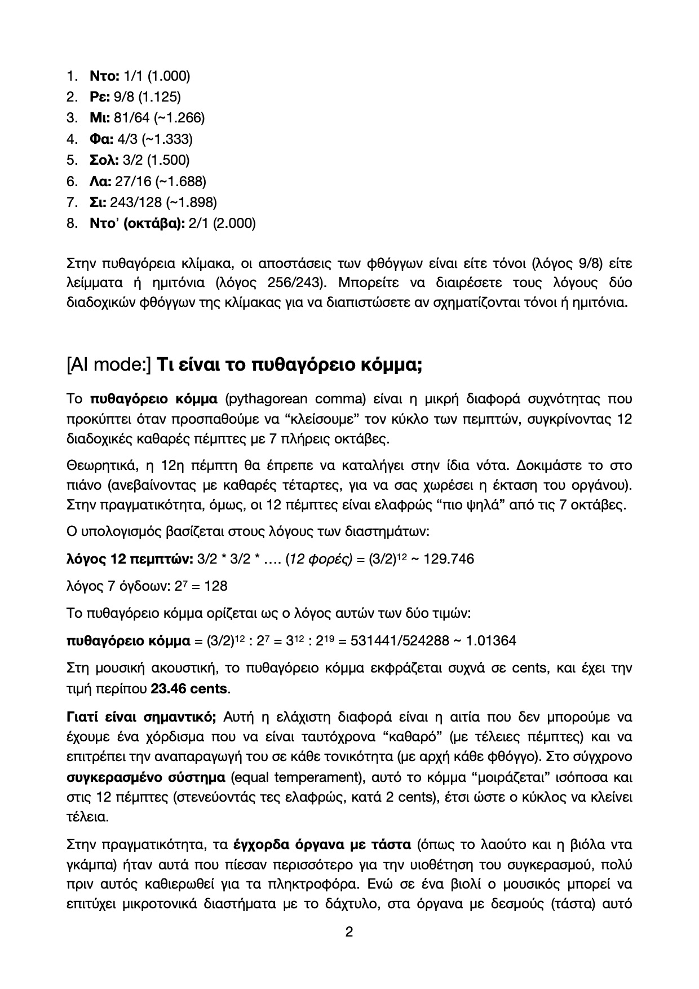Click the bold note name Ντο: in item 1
(x=103, y=76)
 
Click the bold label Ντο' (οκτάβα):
(x=137, y=223)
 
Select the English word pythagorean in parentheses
(x=267, y=399)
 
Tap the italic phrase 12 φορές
(x=319, y=559)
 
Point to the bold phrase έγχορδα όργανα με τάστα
(x=322, y=845)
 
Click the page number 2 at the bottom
(x=349, y=932)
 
